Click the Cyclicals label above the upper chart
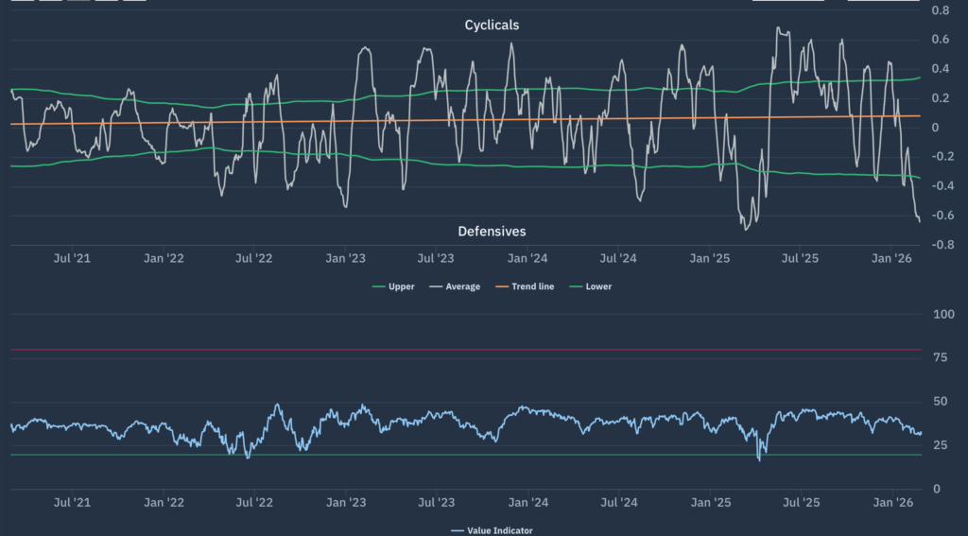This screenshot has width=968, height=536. [x=492, y=25]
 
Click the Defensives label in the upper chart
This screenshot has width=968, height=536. [x=492, y=231]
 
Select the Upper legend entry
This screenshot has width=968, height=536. [x=394, y=286]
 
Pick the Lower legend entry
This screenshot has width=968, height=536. [x=592, y=286]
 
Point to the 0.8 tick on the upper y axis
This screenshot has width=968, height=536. [x=940, y=10]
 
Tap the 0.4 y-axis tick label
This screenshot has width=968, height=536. [x=940, y=69]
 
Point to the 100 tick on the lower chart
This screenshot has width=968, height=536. [x=943, y=314]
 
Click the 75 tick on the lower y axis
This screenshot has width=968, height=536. [x=940, y=357]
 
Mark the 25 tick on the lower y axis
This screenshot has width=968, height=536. [x=940, y=445]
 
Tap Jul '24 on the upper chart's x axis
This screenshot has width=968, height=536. [x=617, y=258]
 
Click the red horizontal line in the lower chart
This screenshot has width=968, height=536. [x=473, y=350]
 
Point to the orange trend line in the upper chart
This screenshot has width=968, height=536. [x=473, y=120]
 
